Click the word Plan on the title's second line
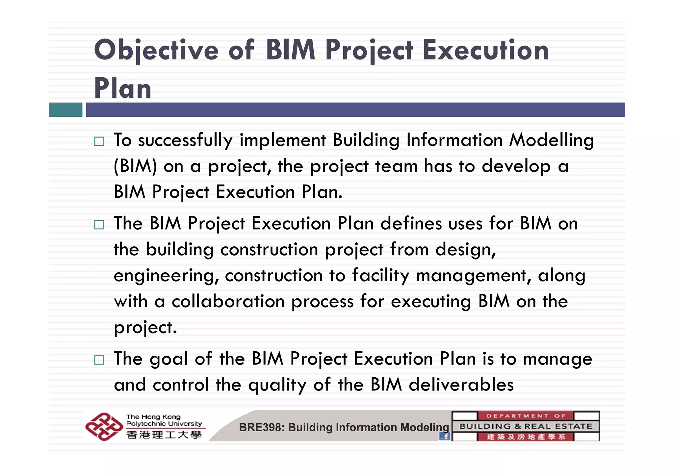[122, 88]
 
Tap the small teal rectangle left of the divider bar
[65, 110]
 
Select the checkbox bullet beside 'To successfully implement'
[99, 141]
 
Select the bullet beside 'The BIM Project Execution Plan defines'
[99, 225]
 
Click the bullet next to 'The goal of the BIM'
[99, 360]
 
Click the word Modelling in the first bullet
[551, 140]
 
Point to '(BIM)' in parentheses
[135, 166]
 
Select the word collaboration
[228, 301]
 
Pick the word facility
[380, 276]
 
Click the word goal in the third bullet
[168, 359]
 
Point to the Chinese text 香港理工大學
[164, 435]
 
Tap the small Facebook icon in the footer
[445, 436]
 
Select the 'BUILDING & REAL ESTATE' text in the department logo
[526, 426]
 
